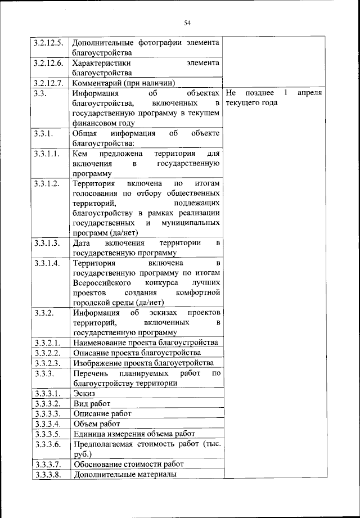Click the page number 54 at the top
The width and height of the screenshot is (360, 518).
pos(187,22)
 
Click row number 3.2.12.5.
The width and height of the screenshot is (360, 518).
pos(48,43)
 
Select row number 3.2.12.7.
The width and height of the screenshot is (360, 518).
pos(48,83)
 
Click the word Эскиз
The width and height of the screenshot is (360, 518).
pos(84,393)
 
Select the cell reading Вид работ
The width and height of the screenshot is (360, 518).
pos(92,403)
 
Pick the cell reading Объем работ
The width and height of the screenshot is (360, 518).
pos(96,424)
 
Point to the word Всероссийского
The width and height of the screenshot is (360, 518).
pos(102,283)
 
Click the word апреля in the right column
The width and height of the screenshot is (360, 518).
pos(310,93)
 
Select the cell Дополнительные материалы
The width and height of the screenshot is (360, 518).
pos(124,474)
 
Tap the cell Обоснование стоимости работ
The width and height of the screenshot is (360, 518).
pos(129,464)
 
